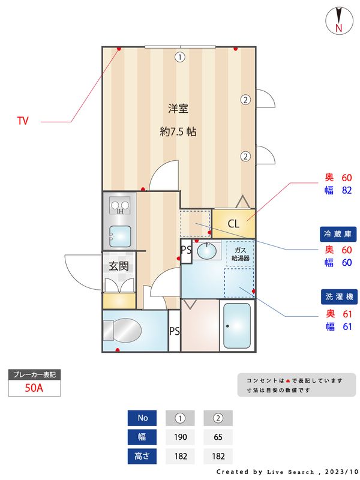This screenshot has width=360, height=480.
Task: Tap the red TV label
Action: (x=23, y=121)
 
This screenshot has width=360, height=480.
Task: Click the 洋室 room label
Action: (x=178, y=109)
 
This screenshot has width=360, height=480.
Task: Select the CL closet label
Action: (x=233, y=224)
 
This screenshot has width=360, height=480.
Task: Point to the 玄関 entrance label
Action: (x=118, y=265)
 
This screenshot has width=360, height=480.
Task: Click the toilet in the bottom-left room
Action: (x=123, y=329)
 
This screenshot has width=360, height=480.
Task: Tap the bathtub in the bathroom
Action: (x=237, y=326)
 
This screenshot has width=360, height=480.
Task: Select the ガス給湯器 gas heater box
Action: (x=240, y=254)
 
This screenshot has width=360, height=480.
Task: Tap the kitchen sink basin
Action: (x=120, y=236)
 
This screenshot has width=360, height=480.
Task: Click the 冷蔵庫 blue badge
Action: (x=337, y=234)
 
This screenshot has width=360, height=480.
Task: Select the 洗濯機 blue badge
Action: (x=337, y=297)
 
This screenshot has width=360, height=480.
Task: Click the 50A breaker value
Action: (x=34, y=388)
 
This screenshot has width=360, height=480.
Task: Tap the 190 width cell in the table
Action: (x=179, y=437)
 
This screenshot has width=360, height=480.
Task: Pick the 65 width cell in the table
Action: (x=218, y=437)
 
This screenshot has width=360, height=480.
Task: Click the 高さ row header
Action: (x=142, y=456)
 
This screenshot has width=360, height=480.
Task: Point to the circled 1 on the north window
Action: (x=179, y=57)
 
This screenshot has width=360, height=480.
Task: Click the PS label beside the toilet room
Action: (x=175, y=331)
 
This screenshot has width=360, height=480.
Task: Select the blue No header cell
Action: (x=142, y=418)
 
